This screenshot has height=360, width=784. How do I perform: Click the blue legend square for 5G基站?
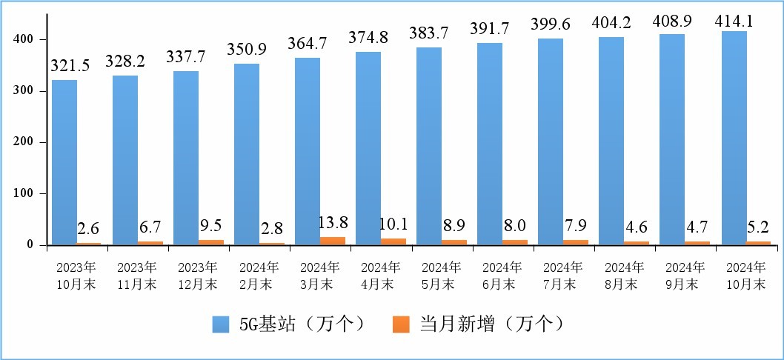tap(221, 324)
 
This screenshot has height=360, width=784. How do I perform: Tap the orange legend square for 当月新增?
tap(401, 324)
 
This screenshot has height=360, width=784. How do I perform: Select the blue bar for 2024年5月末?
tap(429, 146)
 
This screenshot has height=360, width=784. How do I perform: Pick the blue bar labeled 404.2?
tap(611, 141)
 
